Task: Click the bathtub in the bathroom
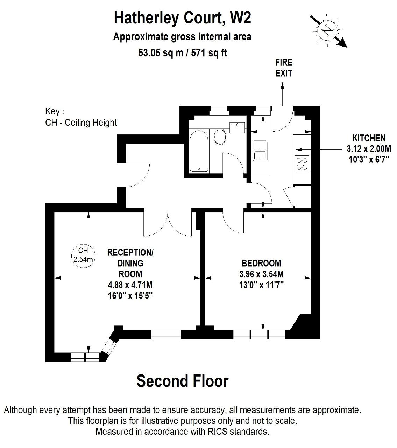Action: coord(199,151)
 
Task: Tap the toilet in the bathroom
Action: coord(220,137)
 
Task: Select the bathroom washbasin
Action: coord(237,127)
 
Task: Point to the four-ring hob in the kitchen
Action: coord(302,164)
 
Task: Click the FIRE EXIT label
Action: coord(284,68)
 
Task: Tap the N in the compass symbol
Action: coord(327,30)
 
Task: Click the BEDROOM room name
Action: coord(262,263)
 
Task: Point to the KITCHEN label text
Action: coord(369,138)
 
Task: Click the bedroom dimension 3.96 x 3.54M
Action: coord(262,274)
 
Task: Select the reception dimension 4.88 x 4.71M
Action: coord(130,285)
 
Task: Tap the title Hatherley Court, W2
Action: coord(183,18)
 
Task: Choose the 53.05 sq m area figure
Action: coord(161,53)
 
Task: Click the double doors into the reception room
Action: coord(168,224)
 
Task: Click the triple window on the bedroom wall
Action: coord(260,335)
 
